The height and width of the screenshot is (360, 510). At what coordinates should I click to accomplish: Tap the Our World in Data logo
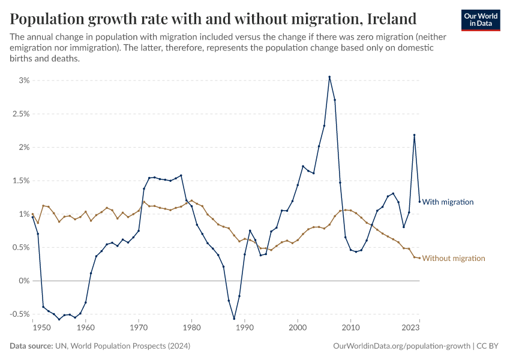coord(480,19)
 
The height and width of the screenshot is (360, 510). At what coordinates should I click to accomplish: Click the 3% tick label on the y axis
coord(23,80)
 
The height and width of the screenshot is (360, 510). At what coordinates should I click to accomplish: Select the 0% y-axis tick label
coord(23,281)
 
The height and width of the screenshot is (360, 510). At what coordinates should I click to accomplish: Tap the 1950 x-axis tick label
coord(41,328)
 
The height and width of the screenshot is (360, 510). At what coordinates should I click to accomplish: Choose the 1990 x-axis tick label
coord(244,328)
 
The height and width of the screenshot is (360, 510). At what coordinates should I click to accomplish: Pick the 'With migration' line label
coord(448,202)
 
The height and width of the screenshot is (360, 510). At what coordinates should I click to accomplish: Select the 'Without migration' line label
coord(454,259)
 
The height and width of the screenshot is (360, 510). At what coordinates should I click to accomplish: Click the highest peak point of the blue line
coord(329,77)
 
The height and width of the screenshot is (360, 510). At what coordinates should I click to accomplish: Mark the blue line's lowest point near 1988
coord(234,319)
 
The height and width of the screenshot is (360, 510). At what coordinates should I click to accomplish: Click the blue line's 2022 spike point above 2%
coord(414,135)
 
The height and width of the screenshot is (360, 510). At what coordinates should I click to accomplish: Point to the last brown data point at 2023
coord(419,258)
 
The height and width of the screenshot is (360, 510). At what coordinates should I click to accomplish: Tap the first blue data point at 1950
coord(32,217)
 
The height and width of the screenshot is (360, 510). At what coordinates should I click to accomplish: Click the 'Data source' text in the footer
coord(34,346)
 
